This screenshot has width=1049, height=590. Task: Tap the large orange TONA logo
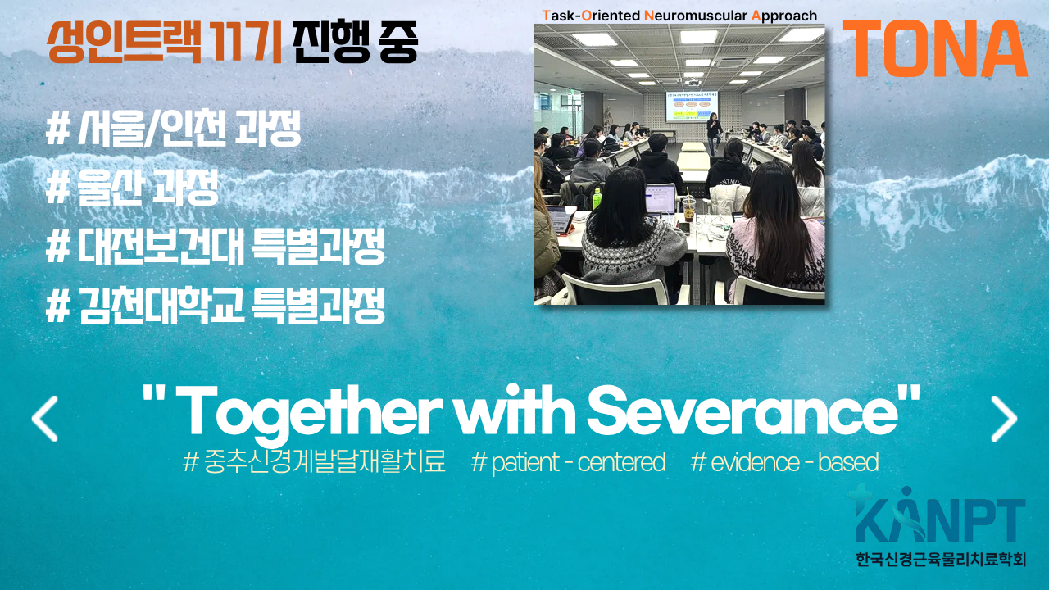click(x=935, y=48)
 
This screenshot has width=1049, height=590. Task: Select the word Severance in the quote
click(x=742, y=411)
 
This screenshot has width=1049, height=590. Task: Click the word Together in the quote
click(x=308, y=415)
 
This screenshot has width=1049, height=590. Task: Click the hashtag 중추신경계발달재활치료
click(x=314, y=461)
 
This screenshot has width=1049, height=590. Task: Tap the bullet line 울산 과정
click(x=132, y=187)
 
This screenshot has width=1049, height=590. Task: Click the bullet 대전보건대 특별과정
click(x=216, y=247)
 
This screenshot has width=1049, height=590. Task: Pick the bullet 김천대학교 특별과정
click(x=216, y=306)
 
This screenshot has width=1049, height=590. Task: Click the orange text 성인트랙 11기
click(x=165, y=42)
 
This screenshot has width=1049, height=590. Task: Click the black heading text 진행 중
click(x=355, y=42)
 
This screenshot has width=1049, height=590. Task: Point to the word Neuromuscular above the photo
click(x=696, y=16)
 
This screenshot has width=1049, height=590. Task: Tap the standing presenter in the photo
click(x=714, y=134)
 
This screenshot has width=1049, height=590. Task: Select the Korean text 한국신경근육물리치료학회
click(x=941, y=559)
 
